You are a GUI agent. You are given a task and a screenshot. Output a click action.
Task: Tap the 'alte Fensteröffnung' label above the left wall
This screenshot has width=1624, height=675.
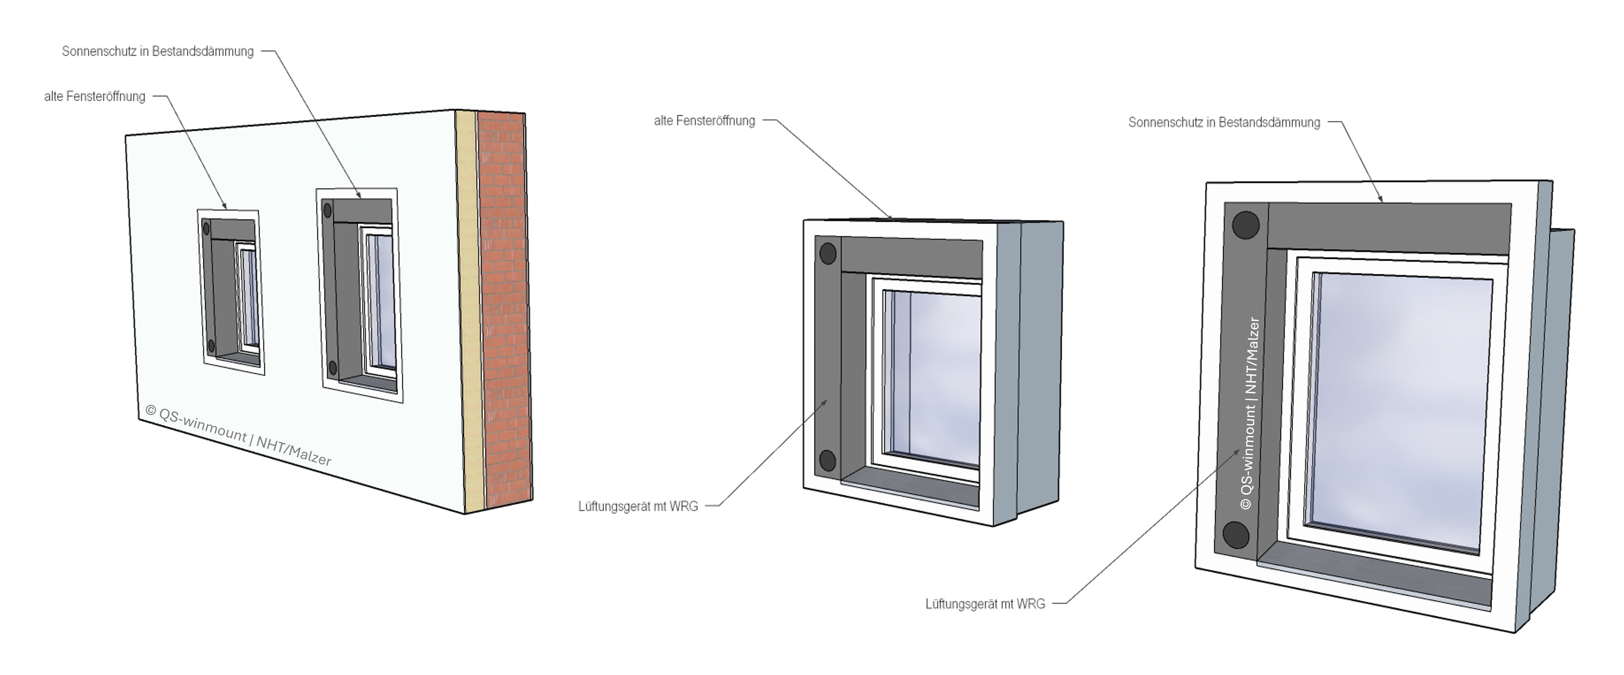click(x=94, y=97)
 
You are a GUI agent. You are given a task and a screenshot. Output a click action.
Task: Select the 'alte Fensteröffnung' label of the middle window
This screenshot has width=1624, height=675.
click(x=704, y=120)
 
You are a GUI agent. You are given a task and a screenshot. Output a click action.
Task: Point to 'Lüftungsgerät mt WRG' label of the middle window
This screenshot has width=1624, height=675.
click(x=638, y=506)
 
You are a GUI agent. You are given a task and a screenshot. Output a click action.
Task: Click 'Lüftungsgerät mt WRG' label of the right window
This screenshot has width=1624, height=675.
click(x=985, y=604)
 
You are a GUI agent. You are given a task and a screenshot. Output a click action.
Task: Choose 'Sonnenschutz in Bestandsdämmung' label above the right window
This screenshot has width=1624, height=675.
click(x=1224, y=122)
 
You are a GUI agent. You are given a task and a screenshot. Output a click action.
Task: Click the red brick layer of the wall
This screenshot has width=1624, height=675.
click(x=504, y=309)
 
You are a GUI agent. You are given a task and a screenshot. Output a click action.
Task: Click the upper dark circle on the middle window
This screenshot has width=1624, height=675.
click(x=828, y=254)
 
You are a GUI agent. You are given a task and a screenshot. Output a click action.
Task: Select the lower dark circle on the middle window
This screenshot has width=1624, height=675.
click(x=827, y=461)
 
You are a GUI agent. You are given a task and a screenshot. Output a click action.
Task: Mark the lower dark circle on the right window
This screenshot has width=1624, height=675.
click(x=1236, y=535)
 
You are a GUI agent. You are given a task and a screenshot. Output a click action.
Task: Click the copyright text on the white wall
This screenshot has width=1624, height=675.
click(x=238, y=435)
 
